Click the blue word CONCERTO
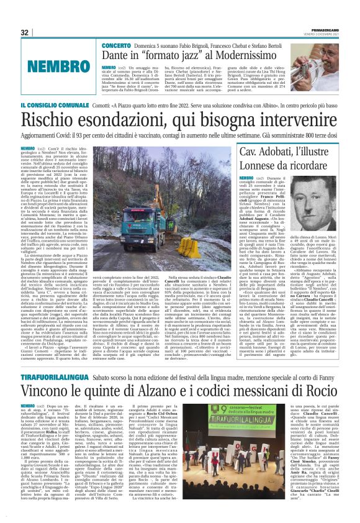click(x=116, y=47)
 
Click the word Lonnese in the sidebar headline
click(x=255, y=167)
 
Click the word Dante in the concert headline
click(x=118, y=57)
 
